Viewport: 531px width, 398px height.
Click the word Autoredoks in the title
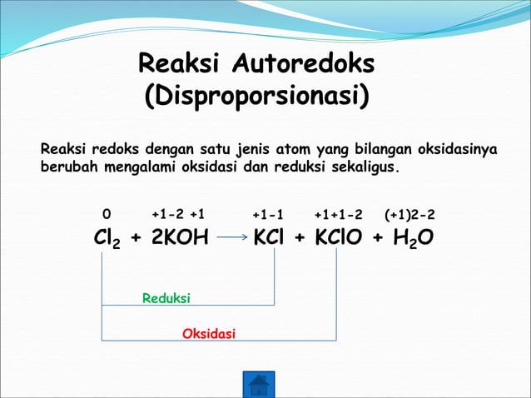(x=304, y=63)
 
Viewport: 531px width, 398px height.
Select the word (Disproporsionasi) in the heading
(x=257, y=96)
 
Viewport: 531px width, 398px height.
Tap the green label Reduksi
(x=166, y=297)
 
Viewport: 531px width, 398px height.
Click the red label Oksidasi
(x=209, y=334)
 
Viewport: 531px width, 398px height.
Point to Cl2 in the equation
(x=107, y=239)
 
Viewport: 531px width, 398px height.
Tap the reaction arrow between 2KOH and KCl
(x=233, y=238)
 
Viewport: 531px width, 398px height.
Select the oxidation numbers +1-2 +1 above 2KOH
(x=178, y=216)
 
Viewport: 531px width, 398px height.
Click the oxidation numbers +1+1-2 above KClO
(x=339, y=216)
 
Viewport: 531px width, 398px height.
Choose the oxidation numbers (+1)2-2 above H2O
(x=409, y=216)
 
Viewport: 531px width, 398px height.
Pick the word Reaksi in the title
(x=181, y=63)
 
